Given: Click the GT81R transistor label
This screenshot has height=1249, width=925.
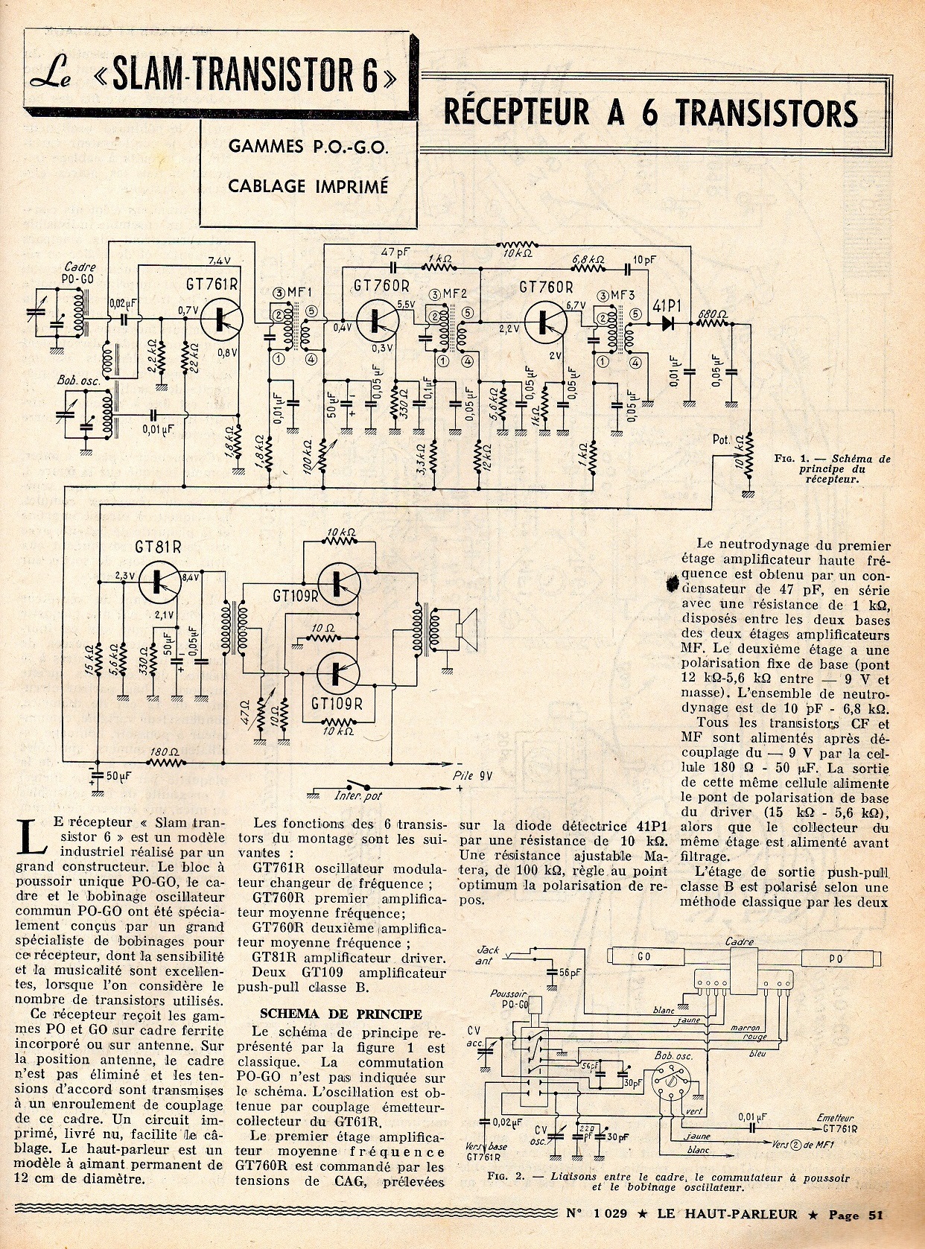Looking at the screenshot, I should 159,547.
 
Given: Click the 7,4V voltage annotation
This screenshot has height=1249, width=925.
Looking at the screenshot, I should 220,261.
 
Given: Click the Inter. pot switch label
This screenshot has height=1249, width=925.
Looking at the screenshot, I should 357,795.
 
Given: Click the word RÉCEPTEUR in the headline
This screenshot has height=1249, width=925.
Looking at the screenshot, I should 516,112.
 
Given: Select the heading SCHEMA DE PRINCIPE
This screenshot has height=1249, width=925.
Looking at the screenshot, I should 340,1014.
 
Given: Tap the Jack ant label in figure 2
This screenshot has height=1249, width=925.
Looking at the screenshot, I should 488,956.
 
